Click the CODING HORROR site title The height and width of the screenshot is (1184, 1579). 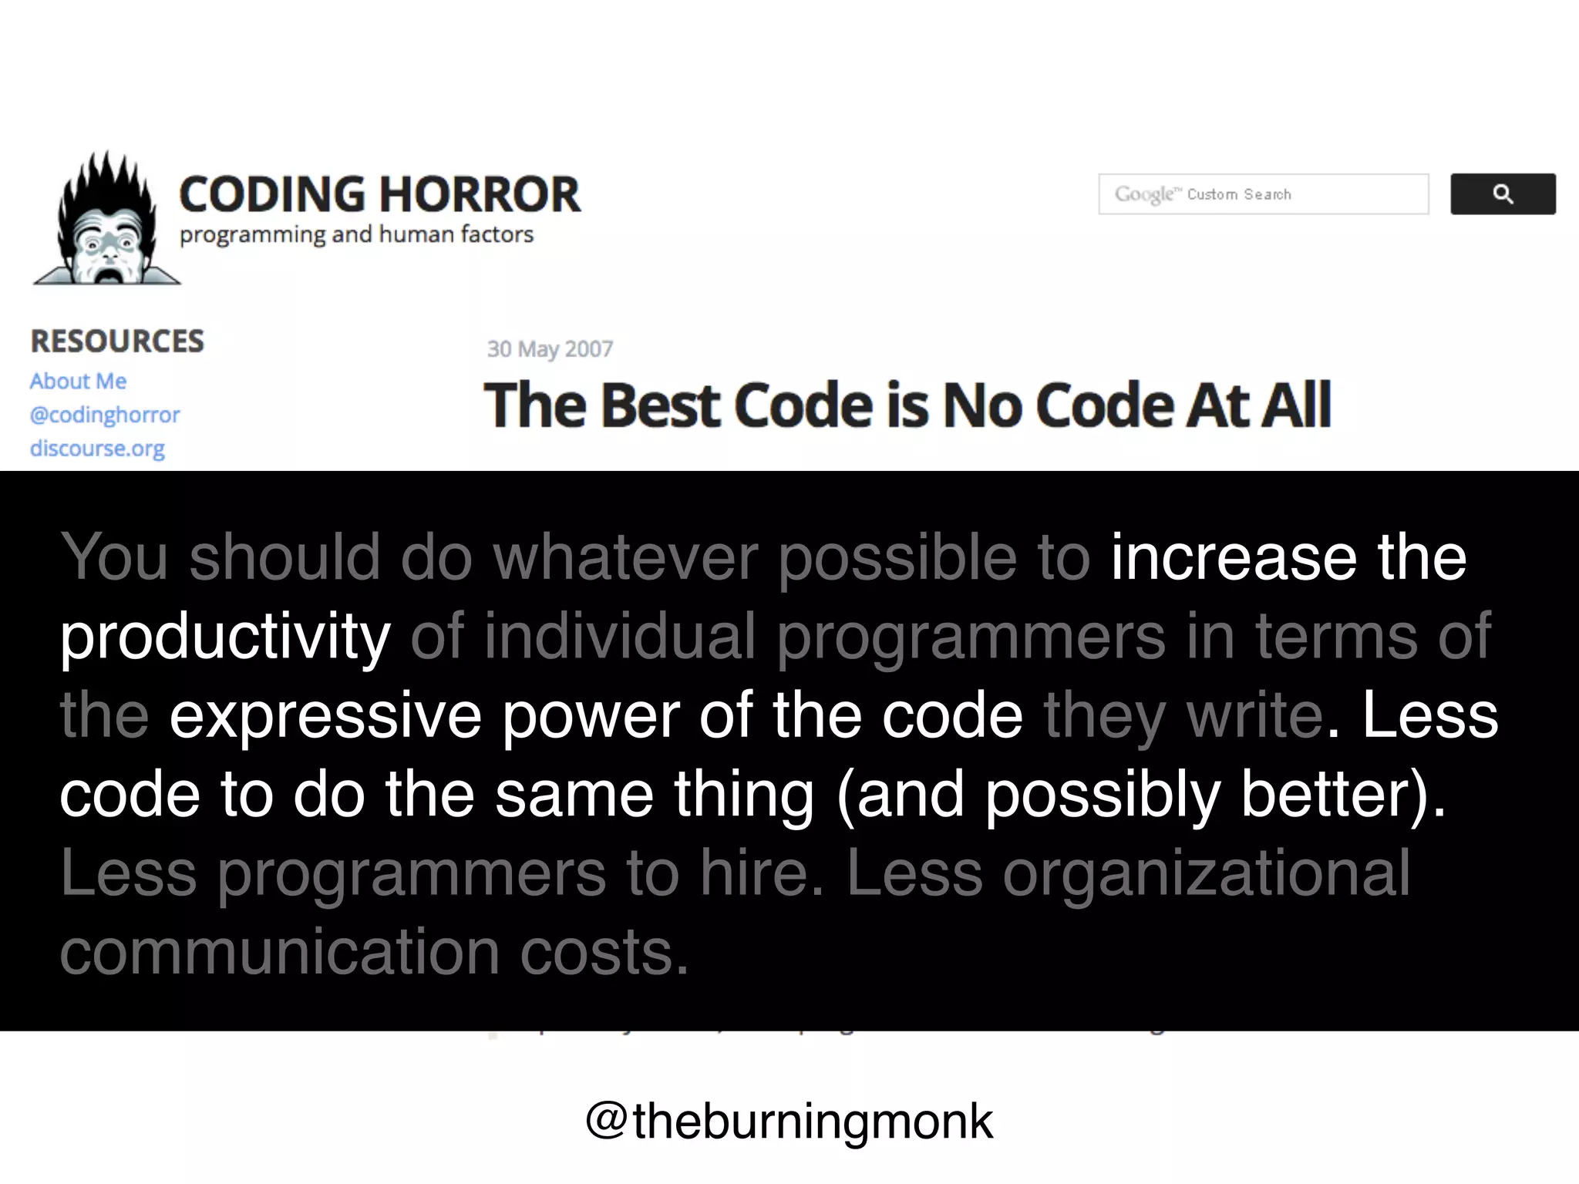click(x=379, y=194)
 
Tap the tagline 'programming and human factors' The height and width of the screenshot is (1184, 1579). click(x=356, y=234)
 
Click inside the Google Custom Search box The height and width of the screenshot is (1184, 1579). click(x=1263, y=194)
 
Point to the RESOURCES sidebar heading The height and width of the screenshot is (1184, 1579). click(x=117, y=341)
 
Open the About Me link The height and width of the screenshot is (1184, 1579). click(x=78, y=382)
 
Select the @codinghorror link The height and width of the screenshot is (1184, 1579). click(x=105, y=415)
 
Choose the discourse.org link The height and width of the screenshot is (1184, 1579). click(x=97, y=449)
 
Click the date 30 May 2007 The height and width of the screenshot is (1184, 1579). click(x=550, y=349)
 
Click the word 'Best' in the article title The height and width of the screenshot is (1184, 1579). click(x=660, y=405)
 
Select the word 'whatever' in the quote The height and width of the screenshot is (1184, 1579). click(x=625, y=557)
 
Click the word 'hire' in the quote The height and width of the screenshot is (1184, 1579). click(x=753, y=873)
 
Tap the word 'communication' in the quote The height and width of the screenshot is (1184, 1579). click(x=280, y=953)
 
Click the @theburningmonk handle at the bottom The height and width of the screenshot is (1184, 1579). click(x=789, y=1122)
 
